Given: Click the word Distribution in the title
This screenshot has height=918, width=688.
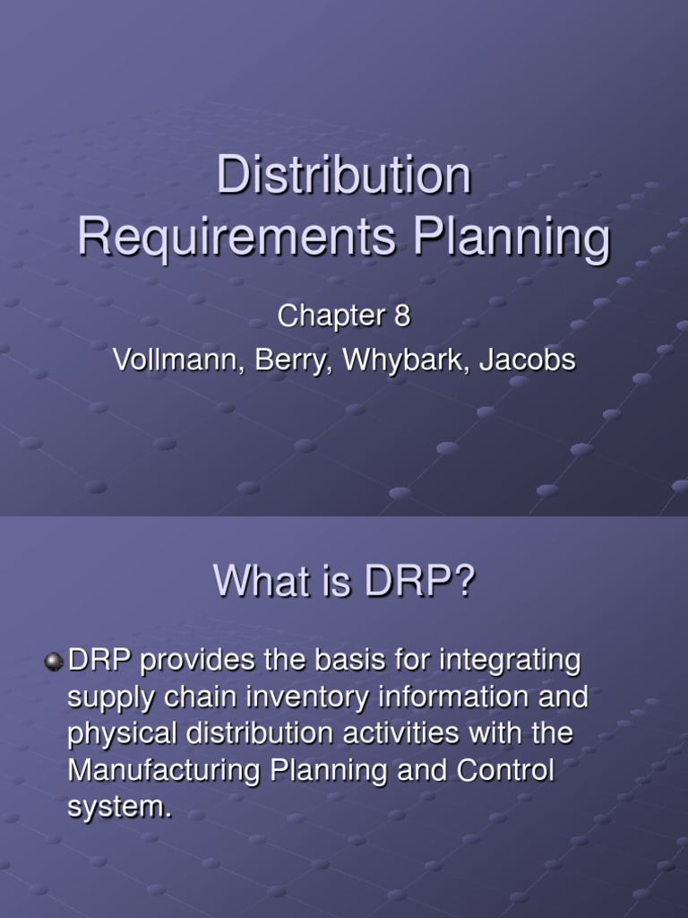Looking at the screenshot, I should tap(344, 175).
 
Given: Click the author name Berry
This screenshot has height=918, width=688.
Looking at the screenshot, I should tap(277, 360).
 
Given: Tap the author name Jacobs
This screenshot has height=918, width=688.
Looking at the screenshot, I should tap(528, 360).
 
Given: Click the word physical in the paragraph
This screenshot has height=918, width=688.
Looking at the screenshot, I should tap(123, 733).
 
